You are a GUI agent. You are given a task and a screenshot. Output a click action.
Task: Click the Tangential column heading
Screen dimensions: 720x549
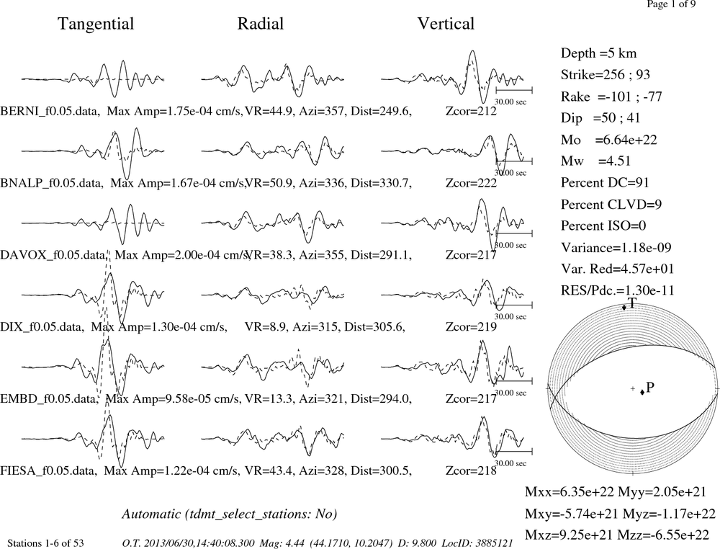pos(96,24)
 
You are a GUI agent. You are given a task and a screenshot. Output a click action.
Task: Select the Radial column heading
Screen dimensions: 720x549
pos(261,24)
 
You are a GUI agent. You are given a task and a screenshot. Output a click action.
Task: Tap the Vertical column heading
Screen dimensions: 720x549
pos(446,24)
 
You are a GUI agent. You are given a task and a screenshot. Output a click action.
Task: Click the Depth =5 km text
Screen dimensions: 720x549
pos(598,53)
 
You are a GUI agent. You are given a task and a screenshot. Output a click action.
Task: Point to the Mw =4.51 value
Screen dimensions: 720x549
pos(595,161)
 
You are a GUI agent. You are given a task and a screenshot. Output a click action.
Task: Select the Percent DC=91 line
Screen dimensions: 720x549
pos(605,182)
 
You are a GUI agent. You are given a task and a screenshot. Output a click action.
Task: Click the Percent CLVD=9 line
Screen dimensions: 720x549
pos(611,204)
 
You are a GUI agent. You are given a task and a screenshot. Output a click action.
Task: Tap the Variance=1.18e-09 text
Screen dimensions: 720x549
pos(616,248)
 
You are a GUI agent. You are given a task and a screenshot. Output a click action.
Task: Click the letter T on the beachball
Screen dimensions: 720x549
pos(632,303)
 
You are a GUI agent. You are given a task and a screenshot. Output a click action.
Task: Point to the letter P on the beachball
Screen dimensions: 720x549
pos(649,388)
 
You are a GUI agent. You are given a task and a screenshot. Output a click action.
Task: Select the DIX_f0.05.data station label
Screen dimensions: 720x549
pos(42,327)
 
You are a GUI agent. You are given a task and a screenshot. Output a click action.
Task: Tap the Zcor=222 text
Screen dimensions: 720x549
pos(471,183)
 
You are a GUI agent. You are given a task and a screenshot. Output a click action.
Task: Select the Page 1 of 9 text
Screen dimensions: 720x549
pos(671,4)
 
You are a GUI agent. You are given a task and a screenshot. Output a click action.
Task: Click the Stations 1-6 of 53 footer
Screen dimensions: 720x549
pos(46,543)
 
